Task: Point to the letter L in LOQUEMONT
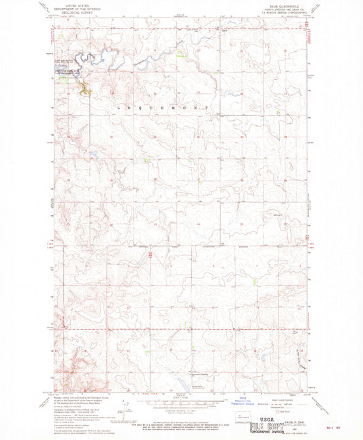point(120,108)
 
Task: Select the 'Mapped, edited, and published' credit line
point(75,399)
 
